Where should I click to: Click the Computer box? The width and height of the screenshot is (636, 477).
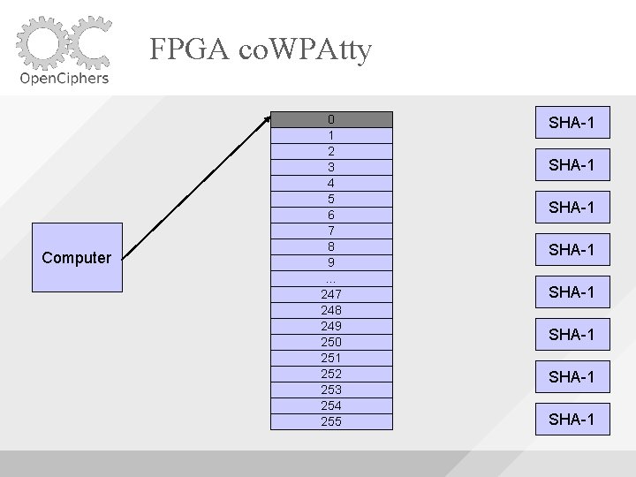77,258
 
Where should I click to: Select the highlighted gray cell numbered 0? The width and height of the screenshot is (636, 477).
330,119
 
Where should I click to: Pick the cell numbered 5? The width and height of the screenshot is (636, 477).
330,200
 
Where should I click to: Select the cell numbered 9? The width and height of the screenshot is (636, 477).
330,263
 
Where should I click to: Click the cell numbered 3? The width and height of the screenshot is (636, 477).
330,168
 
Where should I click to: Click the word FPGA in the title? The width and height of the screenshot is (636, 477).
186,49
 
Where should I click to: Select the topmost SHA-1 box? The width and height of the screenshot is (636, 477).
571,123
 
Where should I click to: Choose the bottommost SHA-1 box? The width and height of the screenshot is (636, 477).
571,419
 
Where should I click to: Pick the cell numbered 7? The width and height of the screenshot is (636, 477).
330,231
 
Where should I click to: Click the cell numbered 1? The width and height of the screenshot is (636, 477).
330,136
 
